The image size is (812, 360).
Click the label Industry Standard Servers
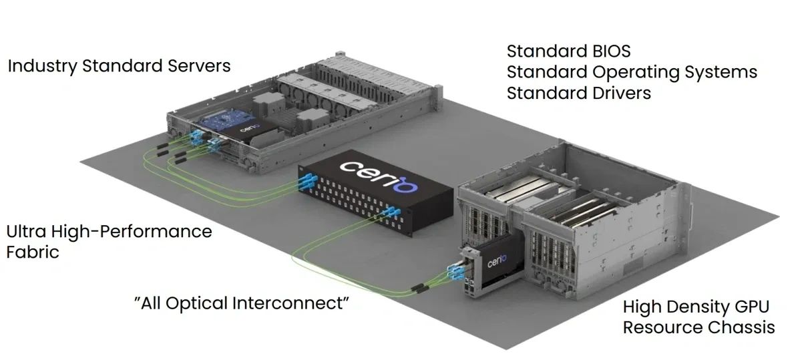[119, 66]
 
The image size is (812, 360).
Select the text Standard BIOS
[568, 51]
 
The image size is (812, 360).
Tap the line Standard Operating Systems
[632, 72]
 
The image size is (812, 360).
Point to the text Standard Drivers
[578, 92]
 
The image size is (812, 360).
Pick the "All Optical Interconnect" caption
[242, 303]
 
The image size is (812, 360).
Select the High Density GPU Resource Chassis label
[698, 317]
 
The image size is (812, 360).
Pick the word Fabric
[33, 252]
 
